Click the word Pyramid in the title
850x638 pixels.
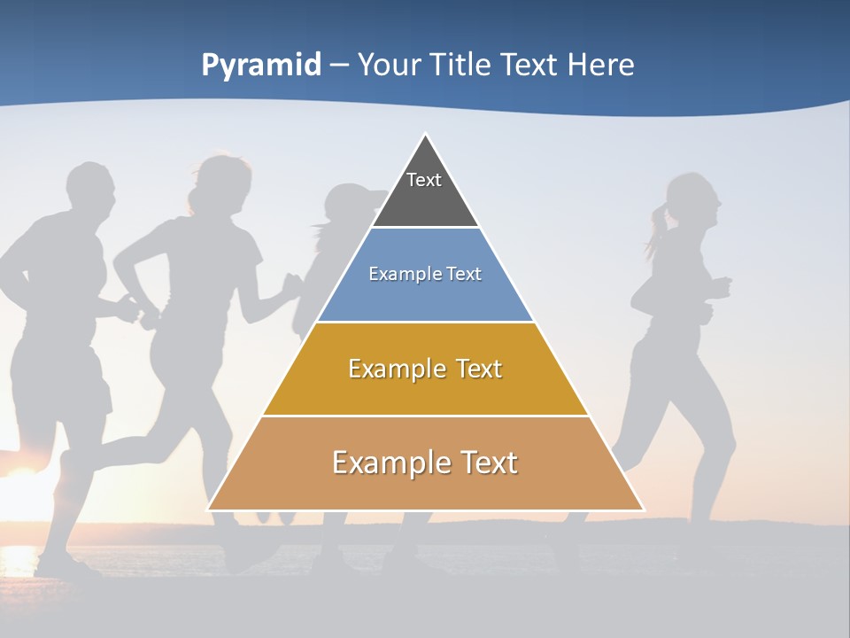pyautogui.click(x=261, y=66)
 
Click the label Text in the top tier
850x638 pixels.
pyautogui.click(x=424, y=180)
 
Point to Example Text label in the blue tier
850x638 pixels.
pyautogui.click(x=425, y=274)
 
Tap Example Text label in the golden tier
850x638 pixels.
pyautogui.click(x=425, y=369)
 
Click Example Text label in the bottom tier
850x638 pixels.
pyautogui.click(x=425, y=463)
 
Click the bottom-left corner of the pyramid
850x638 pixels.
pyautogui.click(x=210, y=509)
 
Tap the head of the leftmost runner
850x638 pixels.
pyautogui.click(x=90, y=191)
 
